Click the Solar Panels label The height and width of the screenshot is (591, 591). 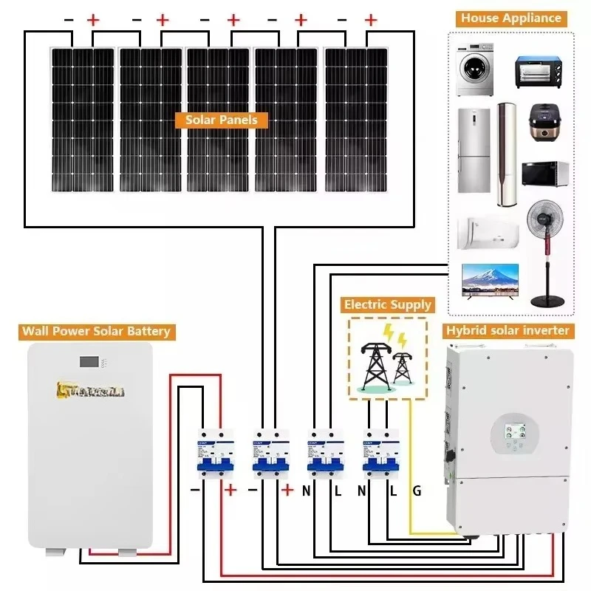(x=222, y=120)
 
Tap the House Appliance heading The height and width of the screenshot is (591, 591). (x=511, y=18)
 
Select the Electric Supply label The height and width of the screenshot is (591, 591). (x=387, y=304)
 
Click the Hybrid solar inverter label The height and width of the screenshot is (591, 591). (x=506, y=330)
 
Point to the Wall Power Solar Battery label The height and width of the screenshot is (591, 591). (x=96, y=331)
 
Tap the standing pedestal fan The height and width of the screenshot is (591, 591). (x=548, y=251)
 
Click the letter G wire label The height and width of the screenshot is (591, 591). (x=417, y=491)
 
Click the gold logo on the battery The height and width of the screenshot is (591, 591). (x=90, y=390)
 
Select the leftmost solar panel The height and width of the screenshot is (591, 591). (x=82, y=118)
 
